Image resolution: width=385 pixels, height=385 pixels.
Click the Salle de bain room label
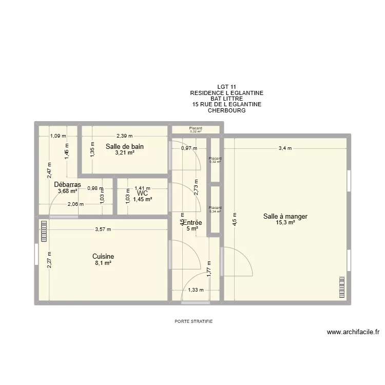point(125,146)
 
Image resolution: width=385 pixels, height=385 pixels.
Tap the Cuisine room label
point(103,256)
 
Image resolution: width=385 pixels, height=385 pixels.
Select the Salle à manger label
point(285,217)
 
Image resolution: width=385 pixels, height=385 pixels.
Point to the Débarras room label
point(67,184)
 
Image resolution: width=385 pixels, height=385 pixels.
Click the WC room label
point(143,192)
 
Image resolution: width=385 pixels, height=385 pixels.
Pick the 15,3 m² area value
point(285,223)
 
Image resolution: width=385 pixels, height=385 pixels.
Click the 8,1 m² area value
point(103,262)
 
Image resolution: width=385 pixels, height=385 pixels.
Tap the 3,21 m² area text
point(125,152)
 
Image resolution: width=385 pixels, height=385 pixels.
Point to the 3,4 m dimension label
point(285,148)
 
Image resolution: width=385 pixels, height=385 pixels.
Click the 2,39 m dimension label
point(124,136)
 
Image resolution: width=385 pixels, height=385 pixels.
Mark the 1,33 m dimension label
point(196,290)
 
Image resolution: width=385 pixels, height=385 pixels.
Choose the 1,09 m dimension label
point(58,136)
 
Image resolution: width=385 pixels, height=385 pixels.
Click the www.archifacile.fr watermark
point(353,332)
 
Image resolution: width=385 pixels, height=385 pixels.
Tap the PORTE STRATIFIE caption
point(194,321)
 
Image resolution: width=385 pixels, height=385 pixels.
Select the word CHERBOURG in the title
point(227,110)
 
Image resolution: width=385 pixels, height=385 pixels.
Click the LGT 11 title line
point(227,87)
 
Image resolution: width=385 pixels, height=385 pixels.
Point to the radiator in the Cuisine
point(44,231)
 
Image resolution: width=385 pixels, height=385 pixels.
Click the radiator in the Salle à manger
point(341,287)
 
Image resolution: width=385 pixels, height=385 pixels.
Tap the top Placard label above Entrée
point(196,128)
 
